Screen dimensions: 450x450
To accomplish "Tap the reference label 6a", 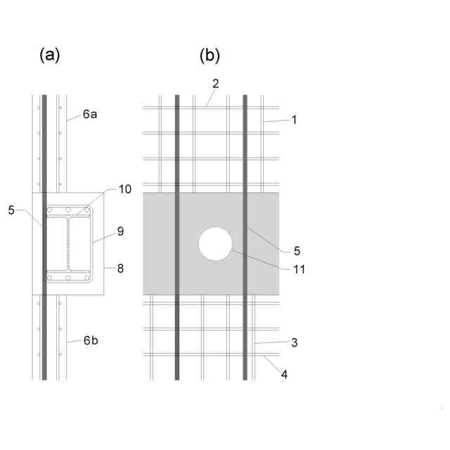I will (x=90, y=114).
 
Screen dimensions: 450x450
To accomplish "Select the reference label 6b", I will (x=90, y=340).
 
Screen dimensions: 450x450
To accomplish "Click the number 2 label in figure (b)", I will (x=216, y=83).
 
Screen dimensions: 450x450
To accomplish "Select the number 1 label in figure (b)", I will (x=295, y=120).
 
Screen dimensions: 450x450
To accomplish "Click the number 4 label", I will (x=285, y=375).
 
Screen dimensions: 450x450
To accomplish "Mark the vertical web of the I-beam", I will (x=67, y=246).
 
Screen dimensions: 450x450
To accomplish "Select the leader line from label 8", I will (x=110, y=268).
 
